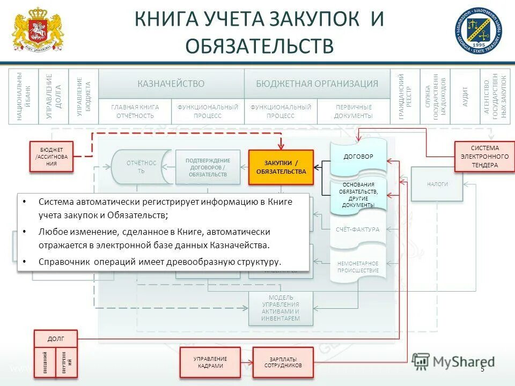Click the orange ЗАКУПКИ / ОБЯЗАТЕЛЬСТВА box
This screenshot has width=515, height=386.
tap(281, 167)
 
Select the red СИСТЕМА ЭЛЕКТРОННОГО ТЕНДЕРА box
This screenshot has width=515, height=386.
tap(481, 157)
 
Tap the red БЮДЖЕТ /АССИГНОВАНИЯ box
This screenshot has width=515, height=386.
tap(51, 157)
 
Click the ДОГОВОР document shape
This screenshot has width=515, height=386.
tap(358, 157)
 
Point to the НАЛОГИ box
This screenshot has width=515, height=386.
tap(437, 184)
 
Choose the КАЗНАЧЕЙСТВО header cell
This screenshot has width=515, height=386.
tap(171, 84)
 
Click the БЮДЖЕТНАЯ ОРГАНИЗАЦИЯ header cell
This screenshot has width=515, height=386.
tap(317, 84)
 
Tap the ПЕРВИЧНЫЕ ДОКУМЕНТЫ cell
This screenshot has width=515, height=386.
tap(353, 112)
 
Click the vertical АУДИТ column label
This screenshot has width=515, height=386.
tap(465, 96)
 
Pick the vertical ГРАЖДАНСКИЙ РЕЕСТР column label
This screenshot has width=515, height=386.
tap(405, 96)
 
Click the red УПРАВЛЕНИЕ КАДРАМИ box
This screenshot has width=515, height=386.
tap(210, 362)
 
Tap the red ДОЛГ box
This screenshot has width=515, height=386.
tap(56, 339)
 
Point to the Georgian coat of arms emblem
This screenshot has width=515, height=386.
tap(37, 29)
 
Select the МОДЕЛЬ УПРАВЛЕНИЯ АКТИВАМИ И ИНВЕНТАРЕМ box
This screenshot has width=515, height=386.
tap(280, 308)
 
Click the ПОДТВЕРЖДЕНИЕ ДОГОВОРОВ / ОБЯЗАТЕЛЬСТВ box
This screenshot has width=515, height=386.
tap(208, 167)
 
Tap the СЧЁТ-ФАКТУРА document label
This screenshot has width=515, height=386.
tap(358, 229)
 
